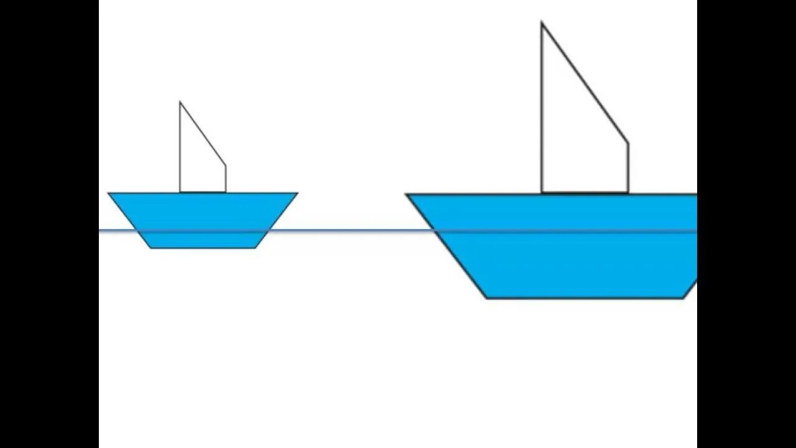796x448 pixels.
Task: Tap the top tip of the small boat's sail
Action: [x=180, y=102]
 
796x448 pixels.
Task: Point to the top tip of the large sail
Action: [x=542, y=23]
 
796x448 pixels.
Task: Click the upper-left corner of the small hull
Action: [x=109, y=193]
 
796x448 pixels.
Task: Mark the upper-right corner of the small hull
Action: [x=297, y=193]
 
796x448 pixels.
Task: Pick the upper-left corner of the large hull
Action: [x=407, y=194]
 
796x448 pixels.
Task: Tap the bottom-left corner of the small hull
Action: [x=151, y=248]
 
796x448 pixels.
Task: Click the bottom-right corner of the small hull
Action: [x=255, y=248]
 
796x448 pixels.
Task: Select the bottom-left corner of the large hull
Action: [x=486, y=298]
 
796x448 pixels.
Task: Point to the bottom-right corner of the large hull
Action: [x=684, y=298]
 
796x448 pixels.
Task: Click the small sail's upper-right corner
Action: [x=225, y=166]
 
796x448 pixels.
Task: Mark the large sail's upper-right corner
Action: [x=628, y=143]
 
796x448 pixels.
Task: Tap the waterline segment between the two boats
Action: [x=348, y=231]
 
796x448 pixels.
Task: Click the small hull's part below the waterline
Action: [x=203, y=240]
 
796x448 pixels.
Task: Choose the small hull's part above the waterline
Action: [x=203, y=212]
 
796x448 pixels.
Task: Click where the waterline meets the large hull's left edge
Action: [x=434, y=231]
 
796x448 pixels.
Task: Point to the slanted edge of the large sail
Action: [x=585, y=83]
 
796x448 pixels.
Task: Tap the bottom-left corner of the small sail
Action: [x=180, y=192]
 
